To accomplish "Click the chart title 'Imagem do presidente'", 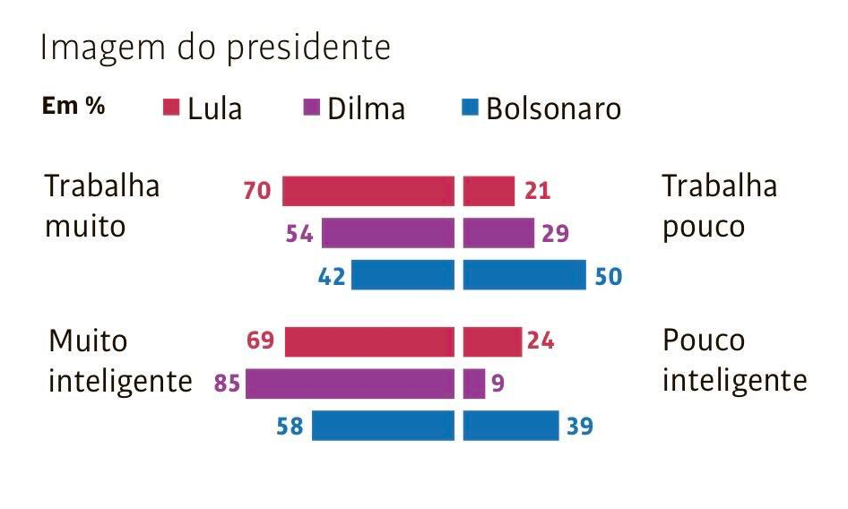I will pyautogui.click(x=215, y=49).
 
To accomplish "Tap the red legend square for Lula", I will pyautogui.click(x=171, y=108).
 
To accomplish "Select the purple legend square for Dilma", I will pyautogui.click(x=311, y=108).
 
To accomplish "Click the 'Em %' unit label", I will pyautogui.click(x=73, y=107).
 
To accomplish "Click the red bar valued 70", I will pyautogui.click(x=368, y=192).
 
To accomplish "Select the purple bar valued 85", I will pyautogui.click(x=350, y=384).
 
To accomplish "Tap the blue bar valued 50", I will pyautogui.click(x=524, y=275).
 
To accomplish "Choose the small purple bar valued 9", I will pyautogui.click(x=474, y=384).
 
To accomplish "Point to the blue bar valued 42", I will pyautogui.click(x=402, y=275).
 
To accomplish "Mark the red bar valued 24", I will pyautogui.click(x=492, y=341).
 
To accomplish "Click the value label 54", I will pyautogui.click(x=299, y=234).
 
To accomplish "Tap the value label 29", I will pyautogui.click(x=556, y=234).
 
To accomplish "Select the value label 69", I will pyautogui.click(x=261, y=341).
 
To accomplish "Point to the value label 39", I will pyautogui.click(x=580, y=427).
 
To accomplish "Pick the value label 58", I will pyautogui.click(x=290, y=427).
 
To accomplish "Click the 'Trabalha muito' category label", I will pyautogui.click(x=102, y=206).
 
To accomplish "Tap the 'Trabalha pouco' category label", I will pyautogui.click(x=719, y=206).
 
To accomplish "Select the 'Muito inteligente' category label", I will pyautogui.click(x=120, y=361).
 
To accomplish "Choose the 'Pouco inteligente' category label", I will pyautogui.click(x=734, y=361).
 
